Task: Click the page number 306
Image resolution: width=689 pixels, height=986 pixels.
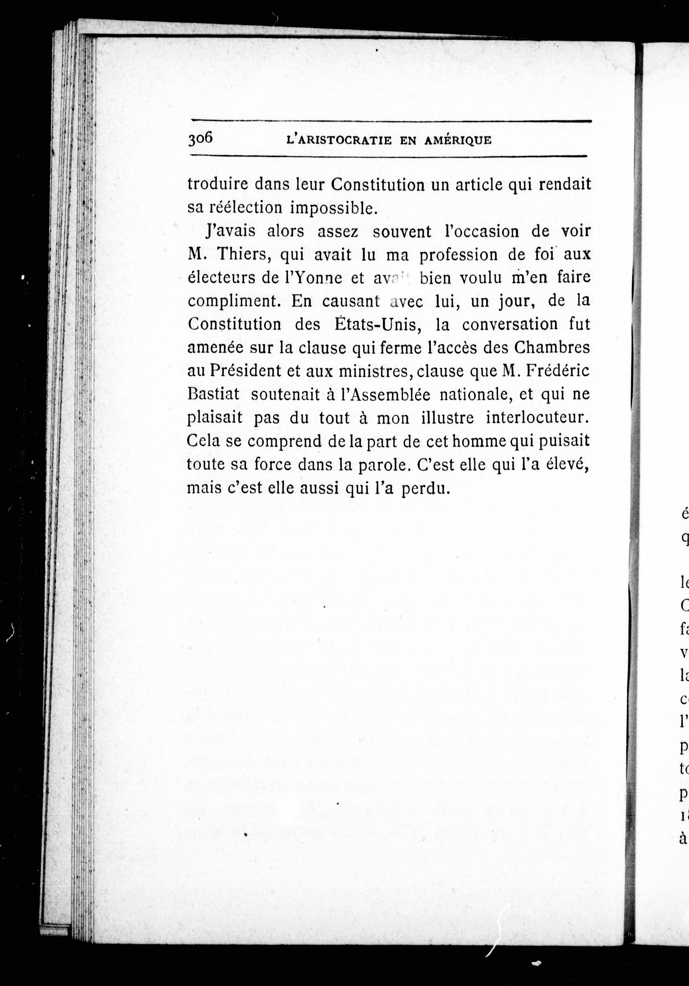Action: [200, 139]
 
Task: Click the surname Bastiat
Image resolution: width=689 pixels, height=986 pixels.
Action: [213, 394]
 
